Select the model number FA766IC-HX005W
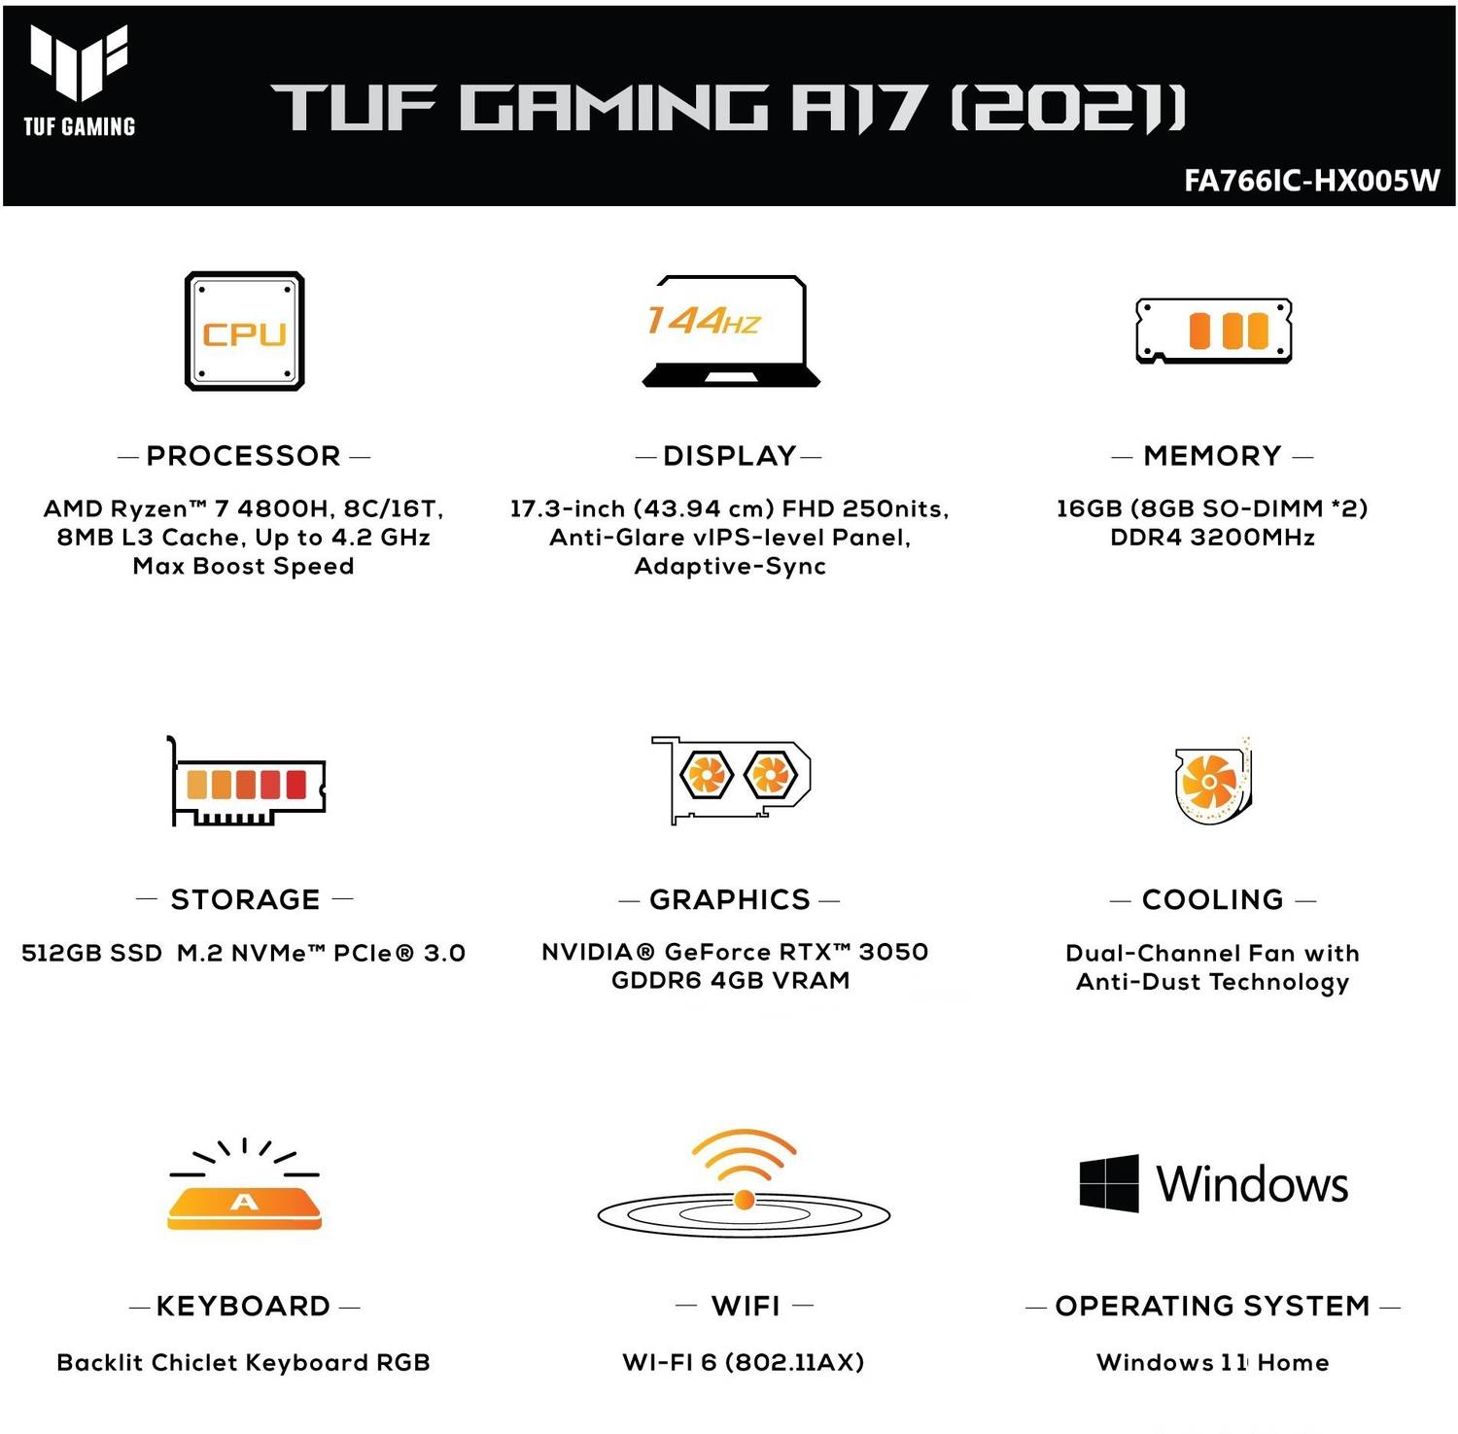1311,181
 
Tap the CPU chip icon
245,332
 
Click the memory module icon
1213,331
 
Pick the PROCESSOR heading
244,456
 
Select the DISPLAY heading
730,456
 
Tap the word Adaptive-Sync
730,566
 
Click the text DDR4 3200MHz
1212,538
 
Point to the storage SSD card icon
247,782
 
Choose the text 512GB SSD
91,953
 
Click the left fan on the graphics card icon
706,775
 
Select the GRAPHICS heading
730,899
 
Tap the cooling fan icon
1212,781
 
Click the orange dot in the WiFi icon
745,1200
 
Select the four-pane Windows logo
1109,1183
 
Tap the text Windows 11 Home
1212,1362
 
